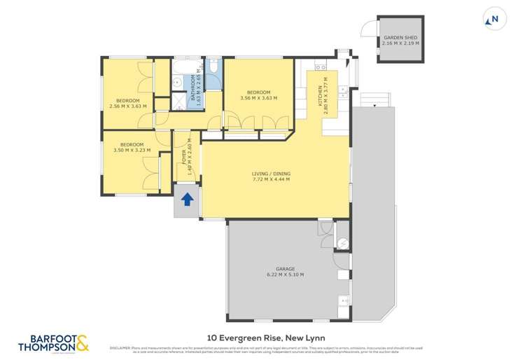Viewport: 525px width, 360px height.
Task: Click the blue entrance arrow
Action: (187, 200)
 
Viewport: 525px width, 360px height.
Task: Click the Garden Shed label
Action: (400, 40)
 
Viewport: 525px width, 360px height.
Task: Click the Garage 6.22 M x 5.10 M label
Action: (285, 271)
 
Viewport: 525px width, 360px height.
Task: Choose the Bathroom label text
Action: (197, 90)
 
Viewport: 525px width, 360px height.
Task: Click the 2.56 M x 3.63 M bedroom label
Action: (129, 104)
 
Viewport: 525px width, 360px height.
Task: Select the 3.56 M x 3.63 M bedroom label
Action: (258, 95)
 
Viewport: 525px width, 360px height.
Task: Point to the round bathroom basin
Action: (177, 83)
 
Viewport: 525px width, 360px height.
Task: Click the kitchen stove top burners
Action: (321, 68)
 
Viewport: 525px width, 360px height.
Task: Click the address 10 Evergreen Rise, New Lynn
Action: (262, 337)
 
